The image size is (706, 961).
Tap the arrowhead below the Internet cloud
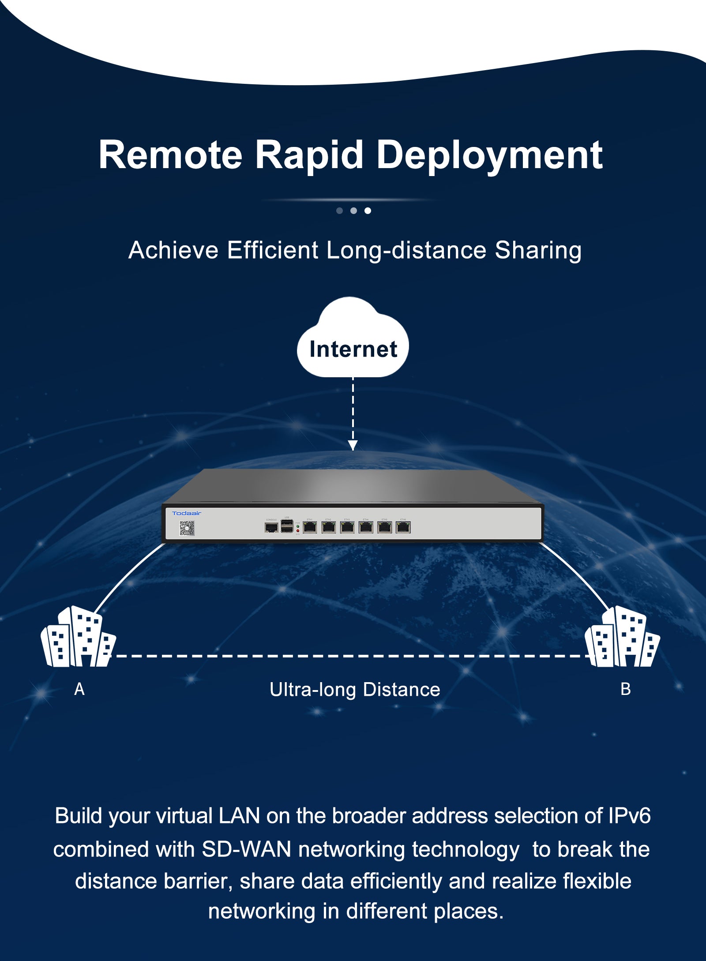[x=353, y=445]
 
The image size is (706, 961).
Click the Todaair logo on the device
[x=187, y=513]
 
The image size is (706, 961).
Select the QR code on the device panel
[x=187, y=528]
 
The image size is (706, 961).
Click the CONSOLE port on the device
[x=271, y=527]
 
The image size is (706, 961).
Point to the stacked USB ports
[x=287, y=526]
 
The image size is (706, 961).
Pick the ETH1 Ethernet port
[x=310, y=527]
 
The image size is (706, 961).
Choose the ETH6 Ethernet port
[x=403, y=527]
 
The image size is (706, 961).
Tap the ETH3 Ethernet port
[x=347, y=527]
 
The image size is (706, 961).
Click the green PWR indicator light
[x=298, y=526]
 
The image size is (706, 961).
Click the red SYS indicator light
[x=298, y=531]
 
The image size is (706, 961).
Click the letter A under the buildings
[x=79, y=689]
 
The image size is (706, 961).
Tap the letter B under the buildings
[x=626, y=689]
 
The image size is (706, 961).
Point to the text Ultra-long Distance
[x=355, y=690]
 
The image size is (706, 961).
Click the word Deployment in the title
[x=489, y=155]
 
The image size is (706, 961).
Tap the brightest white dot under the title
[x=368, y=210]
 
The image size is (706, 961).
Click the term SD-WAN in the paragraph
[x=246, y=849]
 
